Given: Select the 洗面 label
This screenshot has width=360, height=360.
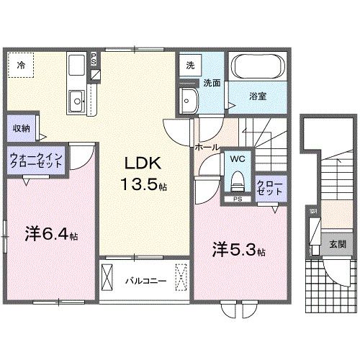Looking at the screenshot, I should click(x=210, y=83).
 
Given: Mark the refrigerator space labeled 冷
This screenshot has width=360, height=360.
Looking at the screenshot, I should click(x=21, y=66).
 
